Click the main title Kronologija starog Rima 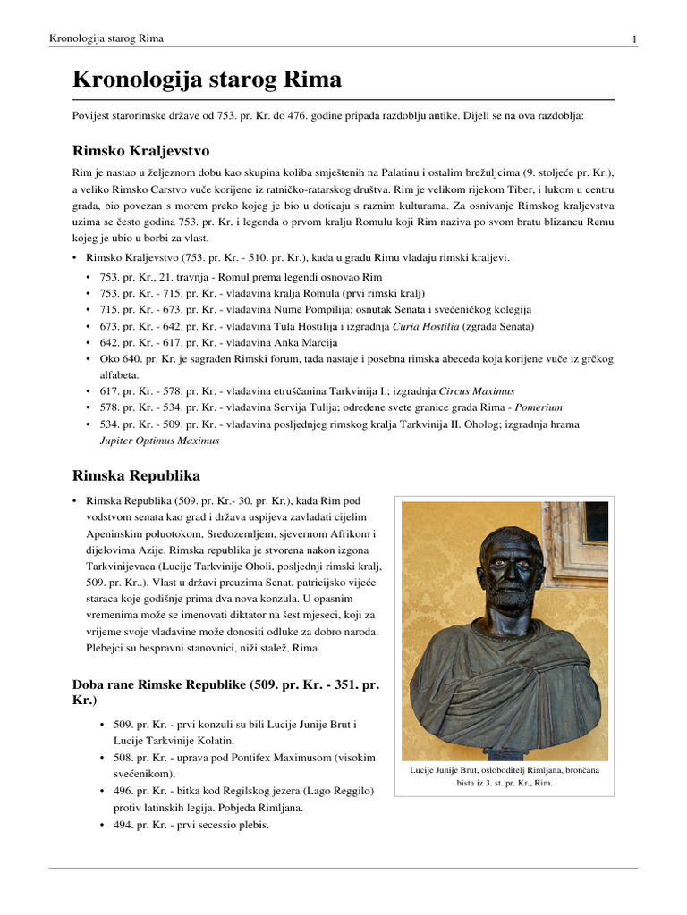pos(207,80)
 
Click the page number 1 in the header pos(633,39)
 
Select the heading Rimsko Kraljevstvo pos(140,149)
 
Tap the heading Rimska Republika pos(136,474)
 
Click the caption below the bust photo pos(505,776)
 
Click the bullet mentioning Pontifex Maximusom pos(237,757)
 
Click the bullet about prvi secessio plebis pos(184,825)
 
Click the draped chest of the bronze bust pos(501,679)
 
